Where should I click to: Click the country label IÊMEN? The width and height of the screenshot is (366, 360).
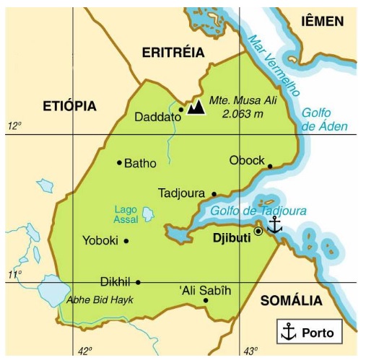click(x=323, y=22)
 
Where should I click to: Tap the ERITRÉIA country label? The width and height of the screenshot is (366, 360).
click(x=173, y=52)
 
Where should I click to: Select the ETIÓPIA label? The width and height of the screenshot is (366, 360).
click(x=69, y=106)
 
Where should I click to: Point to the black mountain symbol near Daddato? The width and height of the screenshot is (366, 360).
click(x=194, y=108)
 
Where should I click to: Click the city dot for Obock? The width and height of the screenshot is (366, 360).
click(x=270, y=166)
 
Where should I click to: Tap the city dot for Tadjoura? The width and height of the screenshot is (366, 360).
click(x=214, y=193)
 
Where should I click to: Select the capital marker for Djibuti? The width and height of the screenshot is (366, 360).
click(x=258, y=232)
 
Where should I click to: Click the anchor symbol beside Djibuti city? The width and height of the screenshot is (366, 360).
click(x=274, y=225)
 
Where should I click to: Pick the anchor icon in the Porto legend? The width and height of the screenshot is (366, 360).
click(x=289, y=333)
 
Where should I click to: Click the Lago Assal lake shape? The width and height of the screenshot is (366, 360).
click(x=148, y=214)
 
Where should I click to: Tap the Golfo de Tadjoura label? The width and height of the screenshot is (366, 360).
click(x=258, y=211)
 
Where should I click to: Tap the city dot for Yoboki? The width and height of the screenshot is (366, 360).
click(x=126, y=241)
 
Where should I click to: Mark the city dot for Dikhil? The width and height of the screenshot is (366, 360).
click(x=138, y=282)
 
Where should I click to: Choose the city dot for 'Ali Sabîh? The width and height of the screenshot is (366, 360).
click(x=206, y=300)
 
